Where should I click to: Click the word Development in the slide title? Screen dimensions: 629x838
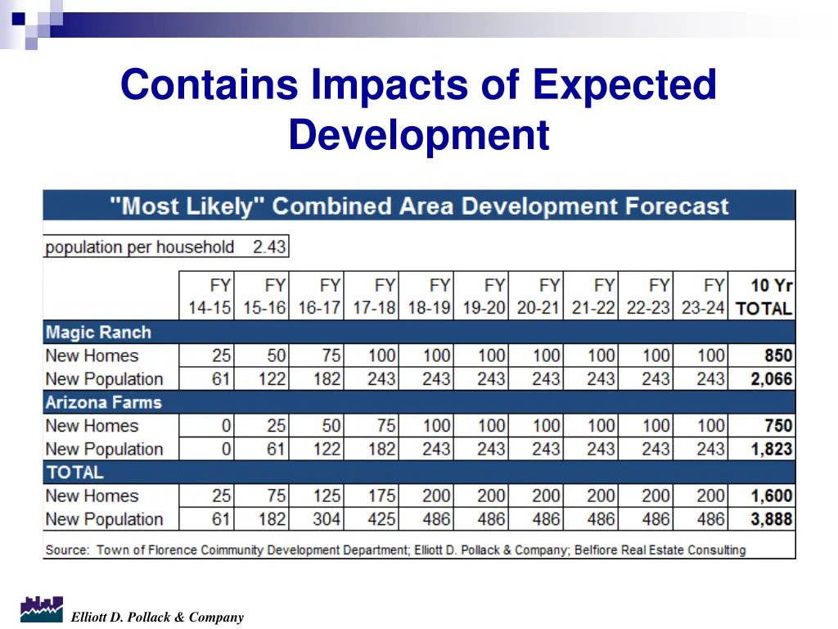(x=418, y=134)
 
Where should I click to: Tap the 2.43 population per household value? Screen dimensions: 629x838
(x=269, y=247)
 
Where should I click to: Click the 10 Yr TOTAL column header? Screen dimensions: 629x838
(x=763, y=297)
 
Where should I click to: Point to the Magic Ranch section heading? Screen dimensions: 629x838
(x=98, y=333)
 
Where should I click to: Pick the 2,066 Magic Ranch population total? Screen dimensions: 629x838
(x=770, y=379)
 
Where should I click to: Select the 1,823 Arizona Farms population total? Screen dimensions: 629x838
(x=770, y=449)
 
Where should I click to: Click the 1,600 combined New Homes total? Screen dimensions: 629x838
(x=770, y=496)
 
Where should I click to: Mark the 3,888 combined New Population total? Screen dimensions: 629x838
(x=770, y=519)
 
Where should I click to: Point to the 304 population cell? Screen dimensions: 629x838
(x=326, y=519)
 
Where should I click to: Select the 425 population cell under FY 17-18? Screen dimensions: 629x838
(x=381, y=519)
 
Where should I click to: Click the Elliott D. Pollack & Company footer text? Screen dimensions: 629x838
(x=157, y=618)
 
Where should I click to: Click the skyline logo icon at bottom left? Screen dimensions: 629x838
(x=41, y=609)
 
